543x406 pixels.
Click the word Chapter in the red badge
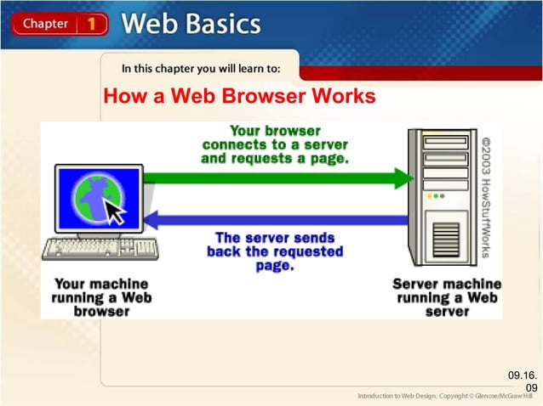[45, 24]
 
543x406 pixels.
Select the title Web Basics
[191, 23]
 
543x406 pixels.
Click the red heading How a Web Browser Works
[238, 97]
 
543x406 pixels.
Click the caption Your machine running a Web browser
[101, 297]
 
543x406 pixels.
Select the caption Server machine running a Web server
[446, 297]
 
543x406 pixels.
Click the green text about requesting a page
[275, 145]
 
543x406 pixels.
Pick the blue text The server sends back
[274, 251]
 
